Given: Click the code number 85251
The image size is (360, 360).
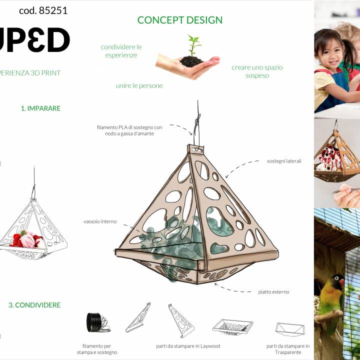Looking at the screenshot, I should (x=43, y=10).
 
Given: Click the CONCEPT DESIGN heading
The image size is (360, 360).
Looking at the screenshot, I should (x=180, y=20).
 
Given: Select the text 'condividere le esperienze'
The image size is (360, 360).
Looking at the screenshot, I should (x=121, y=51).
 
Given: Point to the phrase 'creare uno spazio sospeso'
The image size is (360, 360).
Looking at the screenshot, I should (x=257, y=71).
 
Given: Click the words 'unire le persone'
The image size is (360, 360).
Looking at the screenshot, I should (x=139, y=86).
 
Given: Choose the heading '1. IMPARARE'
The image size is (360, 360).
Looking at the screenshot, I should (x=40, y=108).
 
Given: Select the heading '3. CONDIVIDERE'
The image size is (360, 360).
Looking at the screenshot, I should (x=34, y=305).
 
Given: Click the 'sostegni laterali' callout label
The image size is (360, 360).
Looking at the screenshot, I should (x=284, y=161).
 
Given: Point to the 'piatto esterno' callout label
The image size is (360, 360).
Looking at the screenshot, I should (x=273, y=292).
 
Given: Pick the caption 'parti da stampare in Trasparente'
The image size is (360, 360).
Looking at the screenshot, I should (x=288, y=349).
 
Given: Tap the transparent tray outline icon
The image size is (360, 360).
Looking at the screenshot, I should (x=289, y=328).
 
